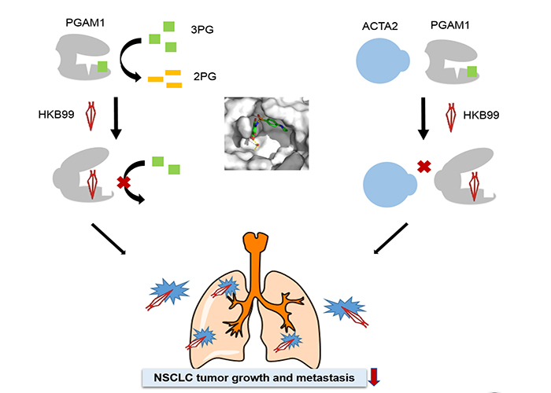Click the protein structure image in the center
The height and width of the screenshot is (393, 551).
[265, 134]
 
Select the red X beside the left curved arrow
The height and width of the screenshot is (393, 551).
[124, 184]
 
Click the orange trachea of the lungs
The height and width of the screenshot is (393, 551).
[253, 267]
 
